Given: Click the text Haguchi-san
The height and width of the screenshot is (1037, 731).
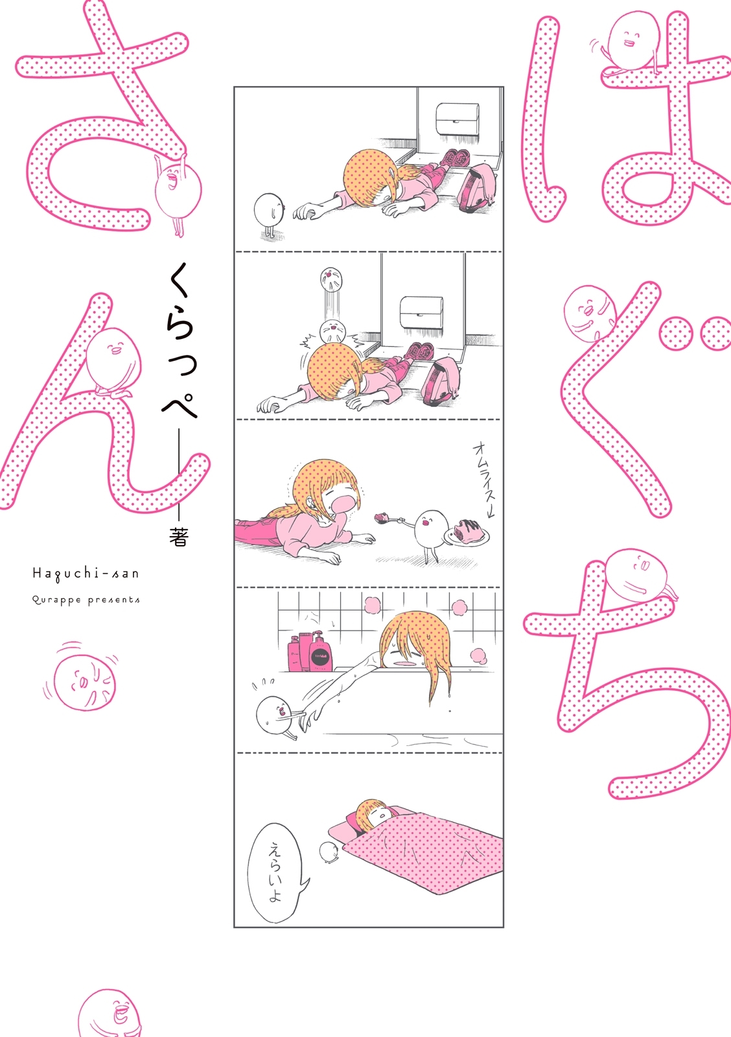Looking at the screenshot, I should pos(86,573).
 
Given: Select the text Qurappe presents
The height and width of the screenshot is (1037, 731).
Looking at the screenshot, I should pos(86,600).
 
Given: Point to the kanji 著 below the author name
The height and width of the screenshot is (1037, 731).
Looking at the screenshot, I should pos(178,536).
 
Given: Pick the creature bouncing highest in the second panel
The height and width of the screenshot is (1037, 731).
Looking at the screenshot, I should pos(331,280).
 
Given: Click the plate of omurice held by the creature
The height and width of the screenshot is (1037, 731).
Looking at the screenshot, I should pos(467,534).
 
